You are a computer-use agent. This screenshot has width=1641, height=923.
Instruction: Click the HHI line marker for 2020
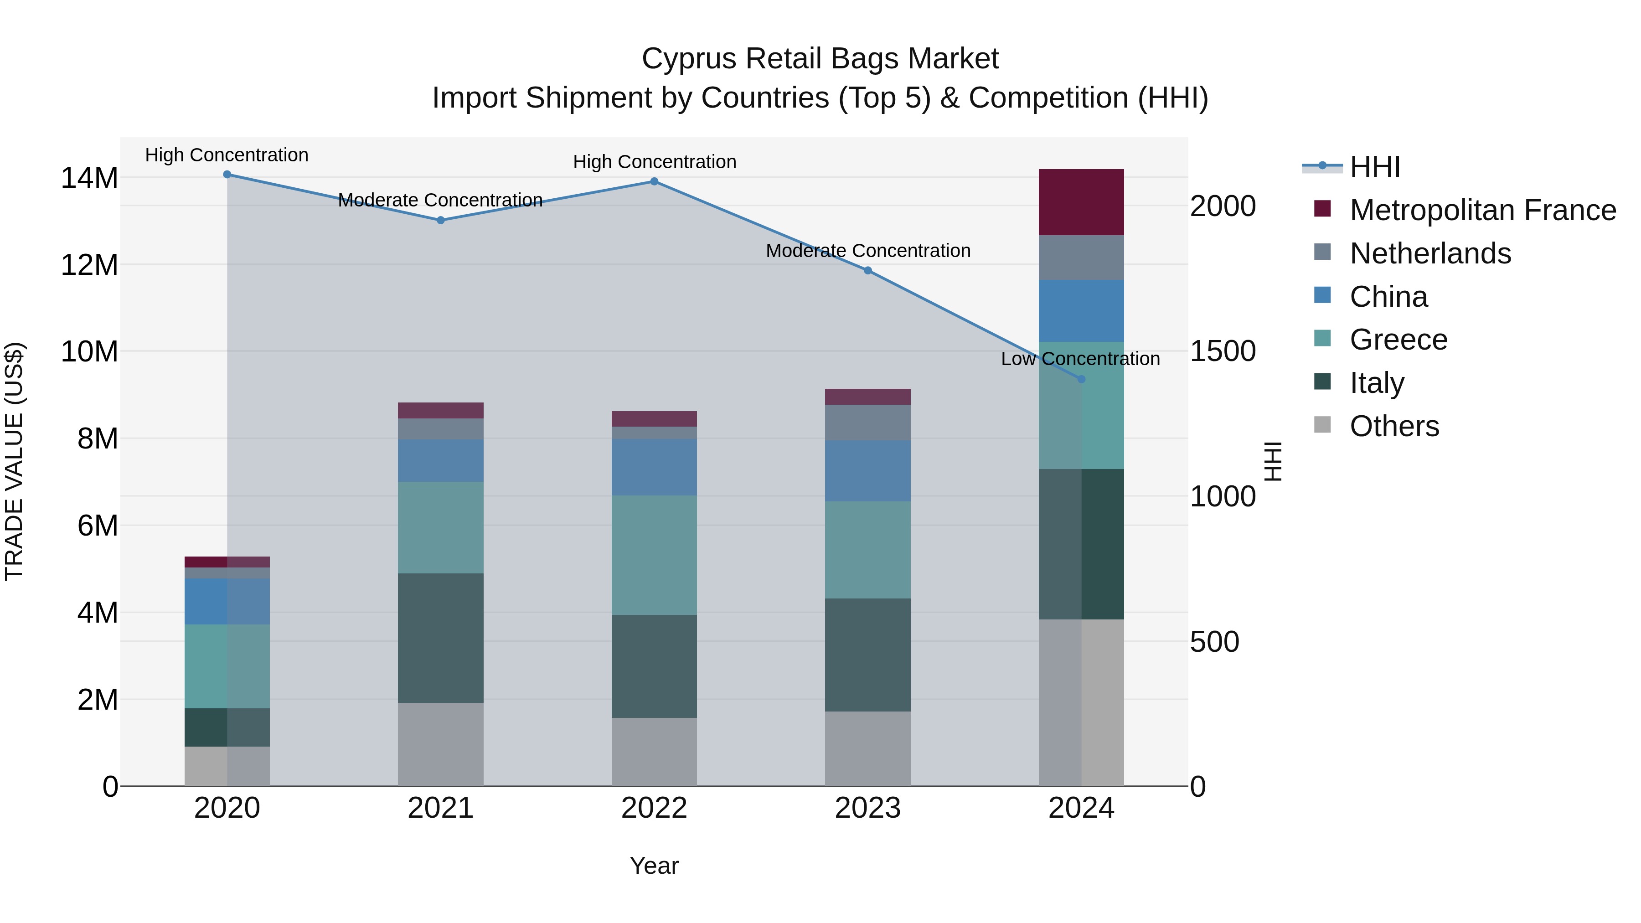click(227, 175)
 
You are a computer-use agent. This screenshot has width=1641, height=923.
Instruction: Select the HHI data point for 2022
click(654, 181)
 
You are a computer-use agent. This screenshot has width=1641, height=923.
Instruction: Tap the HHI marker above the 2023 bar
click(867, 271)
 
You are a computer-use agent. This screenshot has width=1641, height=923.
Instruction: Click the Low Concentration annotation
click(1080, 359)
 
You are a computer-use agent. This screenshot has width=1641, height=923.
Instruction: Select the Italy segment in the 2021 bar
click(440, 638)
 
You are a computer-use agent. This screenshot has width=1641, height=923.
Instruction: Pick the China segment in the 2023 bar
click(867, 471)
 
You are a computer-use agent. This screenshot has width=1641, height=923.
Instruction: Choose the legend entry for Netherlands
click(1429, 253)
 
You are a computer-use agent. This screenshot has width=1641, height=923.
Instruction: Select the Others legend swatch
click(1322, 425)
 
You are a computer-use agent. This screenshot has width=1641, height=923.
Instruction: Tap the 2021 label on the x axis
click(440, 808)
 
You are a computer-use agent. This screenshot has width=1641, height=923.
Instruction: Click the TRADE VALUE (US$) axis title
click(14, 461)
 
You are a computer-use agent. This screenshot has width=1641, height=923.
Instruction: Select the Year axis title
click(654, 866)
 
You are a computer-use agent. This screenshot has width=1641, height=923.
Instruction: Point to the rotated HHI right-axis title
click(1272, 461)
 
